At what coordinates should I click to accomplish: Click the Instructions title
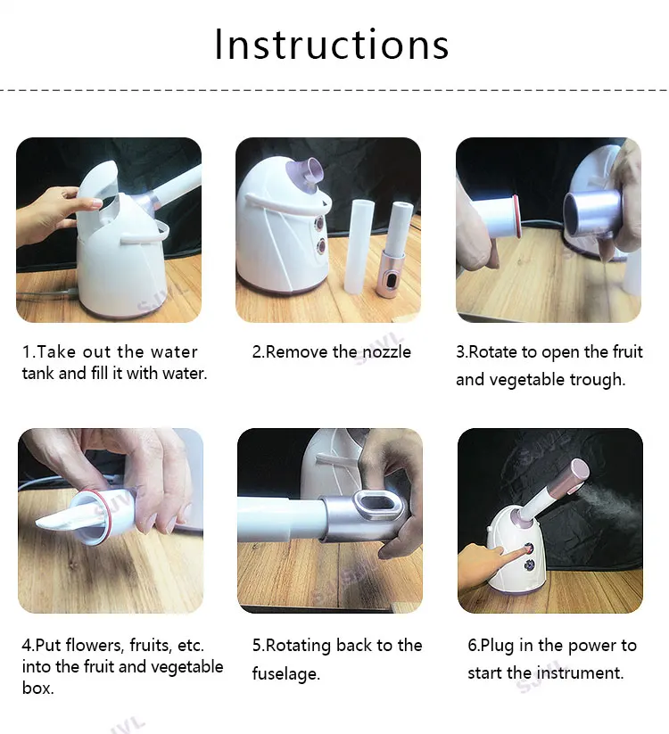point(332,45)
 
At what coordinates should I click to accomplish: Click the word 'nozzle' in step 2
point(387,351)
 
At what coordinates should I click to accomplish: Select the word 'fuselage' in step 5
point(285,673)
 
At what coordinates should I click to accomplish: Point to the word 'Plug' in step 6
point(498,646)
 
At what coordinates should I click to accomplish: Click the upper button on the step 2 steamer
point(320,222)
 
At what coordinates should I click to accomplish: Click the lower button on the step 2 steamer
point(321,245)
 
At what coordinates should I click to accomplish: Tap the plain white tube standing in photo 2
point(356,244)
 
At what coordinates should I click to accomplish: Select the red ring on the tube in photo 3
point(516,217)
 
